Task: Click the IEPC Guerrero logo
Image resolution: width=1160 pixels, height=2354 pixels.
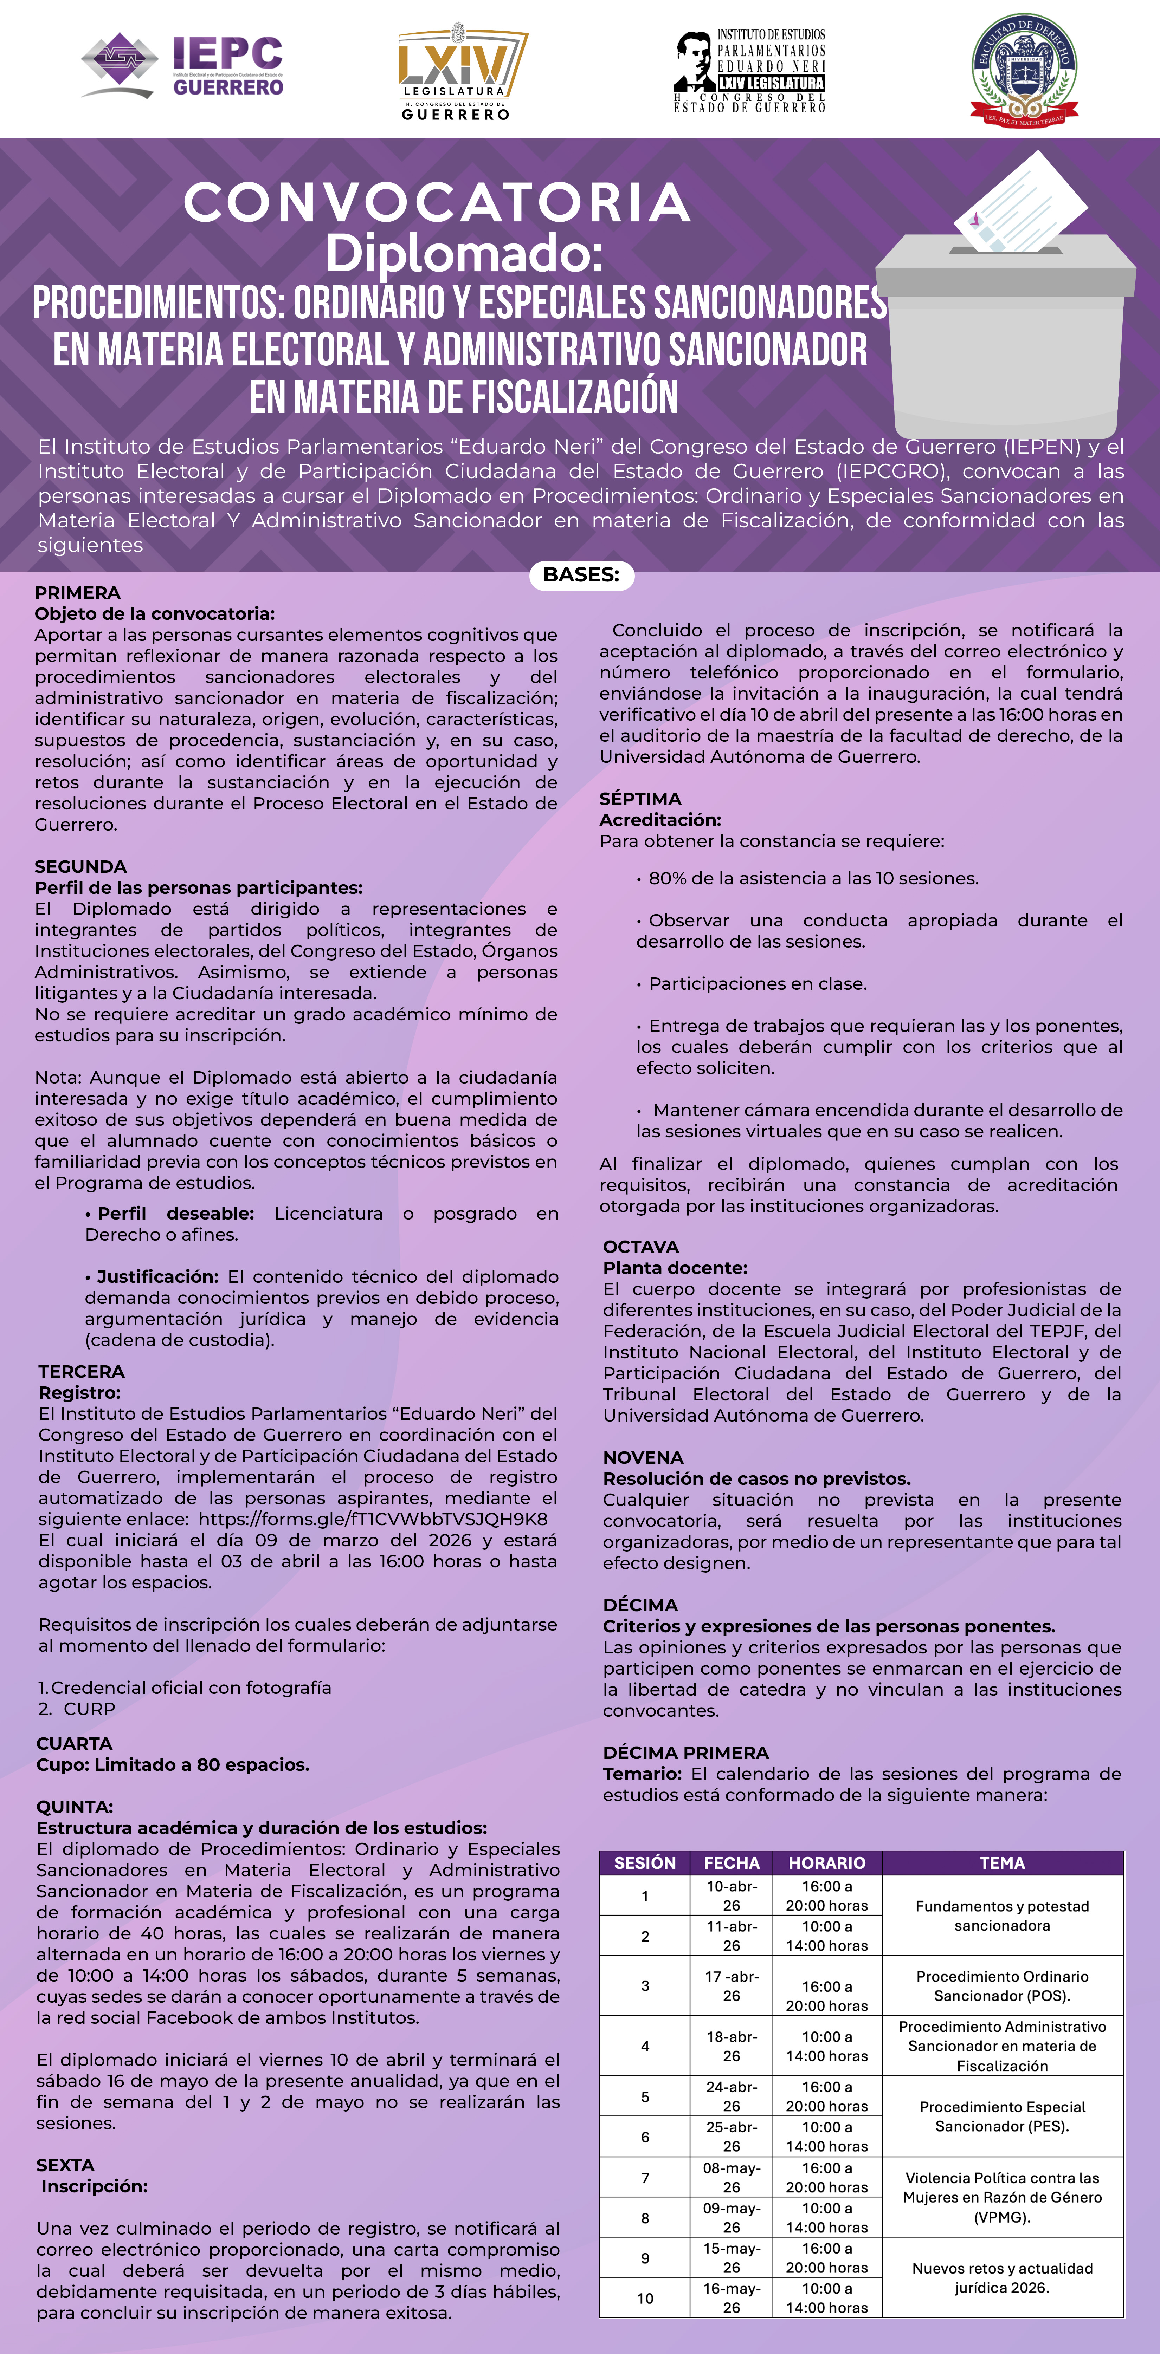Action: click(x=183, y=66)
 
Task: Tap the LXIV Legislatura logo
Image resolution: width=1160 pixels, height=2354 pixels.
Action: click(x=462, y=71)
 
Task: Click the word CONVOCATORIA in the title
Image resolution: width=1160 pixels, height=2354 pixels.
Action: click(x=437, y=203)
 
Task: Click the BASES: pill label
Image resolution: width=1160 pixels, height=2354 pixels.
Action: click(x=581, y=575)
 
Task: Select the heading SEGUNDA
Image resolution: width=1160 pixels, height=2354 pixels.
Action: click(x=80, y=866)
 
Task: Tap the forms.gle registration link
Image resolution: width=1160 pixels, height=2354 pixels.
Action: click(x=373, y=1519)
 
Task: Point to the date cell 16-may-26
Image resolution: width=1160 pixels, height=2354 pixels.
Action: click(x=731, y=2297)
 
